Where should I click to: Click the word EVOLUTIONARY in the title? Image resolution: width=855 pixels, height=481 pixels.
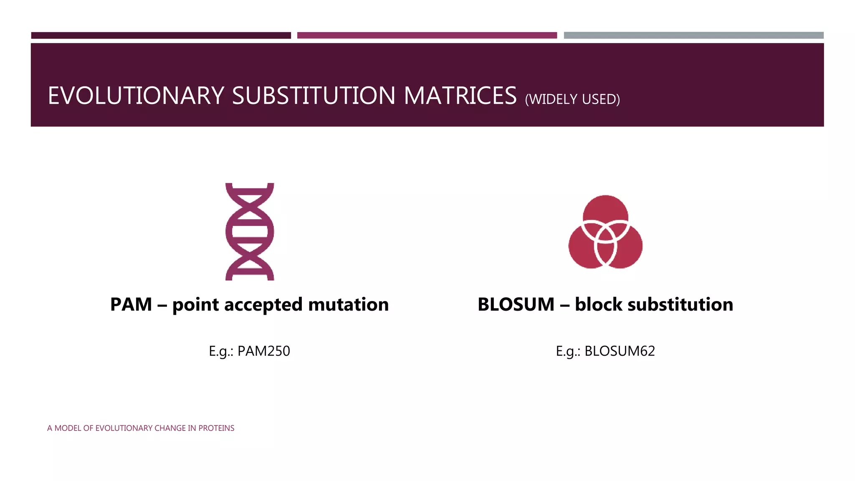click(x=136, y=96)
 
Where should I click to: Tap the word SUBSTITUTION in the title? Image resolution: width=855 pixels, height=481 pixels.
click(x=313, y=96)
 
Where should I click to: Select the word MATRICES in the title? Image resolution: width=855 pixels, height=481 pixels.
click(x=460, y=96)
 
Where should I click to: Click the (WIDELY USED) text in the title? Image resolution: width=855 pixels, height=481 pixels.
click(x=572, y=99)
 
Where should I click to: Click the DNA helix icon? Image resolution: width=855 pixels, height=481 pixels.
click(x=250, y=231)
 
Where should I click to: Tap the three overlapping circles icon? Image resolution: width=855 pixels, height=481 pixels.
click(x=605, y=232)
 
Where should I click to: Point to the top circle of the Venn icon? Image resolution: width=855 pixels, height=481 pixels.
click(x=605, y=209)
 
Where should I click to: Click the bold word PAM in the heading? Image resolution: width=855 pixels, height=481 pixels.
click(x=131, y=304)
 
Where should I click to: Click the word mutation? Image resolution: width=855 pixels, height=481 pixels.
click(x=349, y=304)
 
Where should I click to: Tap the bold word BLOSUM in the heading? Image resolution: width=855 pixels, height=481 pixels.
click(x=516, y=304)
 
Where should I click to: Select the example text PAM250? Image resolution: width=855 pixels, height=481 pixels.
click(x=263, y=351)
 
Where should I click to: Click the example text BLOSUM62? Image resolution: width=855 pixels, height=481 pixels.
click(x=620, y=351)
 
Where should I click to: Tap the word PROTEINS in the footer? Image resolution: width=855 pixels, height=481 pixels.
click(x=216, y=428)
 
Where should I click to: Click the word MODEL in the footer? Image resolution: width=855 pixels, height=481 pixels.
click(x=68, y=428)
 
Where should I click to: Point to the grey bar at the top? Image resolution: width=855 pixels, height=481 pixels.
click(x=693, y=35)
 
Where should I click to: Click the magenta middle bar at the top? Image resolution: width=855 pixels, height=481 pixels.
click(x=427, y=35)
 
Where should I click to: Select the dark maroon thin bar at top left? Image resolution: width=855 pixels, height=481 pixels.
click(x=161, y=35)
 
